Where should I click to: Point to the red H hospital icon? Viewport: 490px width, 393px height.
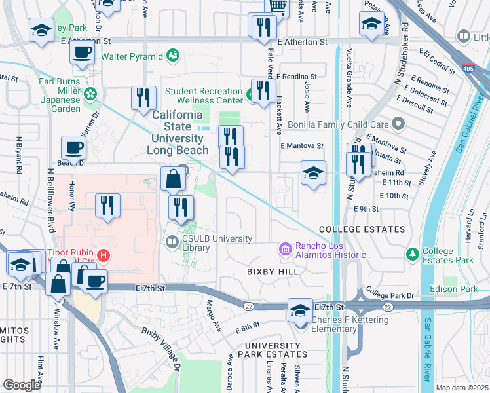102,254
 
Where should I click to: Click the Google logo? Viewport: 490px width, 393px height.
22,385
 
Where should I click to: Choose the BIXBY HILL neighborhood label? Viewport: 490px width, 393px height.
273,271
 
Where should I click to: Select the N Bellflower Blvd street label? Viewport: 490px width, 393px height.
50,200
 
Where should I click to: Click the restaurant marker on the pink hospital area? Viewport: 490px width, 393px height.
107,206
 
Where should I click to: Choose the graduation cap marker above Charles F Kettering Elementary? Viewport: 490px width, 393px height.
300,310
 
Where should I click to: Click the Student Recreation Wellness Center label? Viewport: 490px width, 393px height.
204,96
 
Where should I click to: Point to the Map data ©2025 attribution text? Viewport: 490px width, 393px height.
462,388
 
